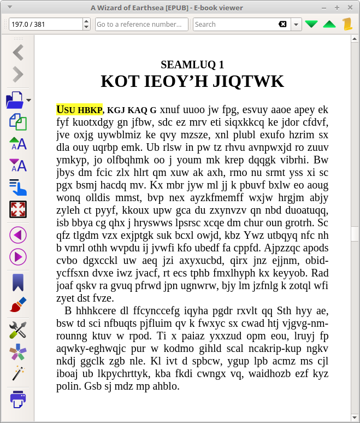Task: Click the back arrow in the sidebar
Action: (x=18, y=52)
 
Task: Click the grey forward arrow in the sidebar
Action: (x=18, y=74)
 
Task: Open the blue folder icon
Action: (x=15, y=101)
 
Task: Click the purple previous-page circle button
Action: (x=18, y=235)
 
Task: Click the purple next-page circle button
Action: (x=18, y=256)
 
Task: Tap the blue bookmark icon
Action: (x=18, y=283)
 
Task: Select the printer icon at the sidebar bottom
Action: (x=18, y=399)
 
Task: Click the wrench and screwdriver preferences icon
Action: (x=18, y=330)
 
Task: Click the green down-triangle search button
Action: (x=311, y=24)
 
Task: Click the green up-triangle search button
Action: (x=329, y=24)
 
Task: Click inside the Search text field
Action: (x=235, y=24)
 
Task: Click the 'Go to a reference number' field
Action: (x=141, y=24)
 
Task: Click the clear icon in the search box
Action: (x=282, y=24)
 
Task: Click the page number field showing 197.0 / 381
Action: (x=45, y=24)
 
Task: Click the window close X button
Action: (x=351, y=8)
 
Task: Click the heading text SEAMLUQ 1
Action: (x=192, y=64)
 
